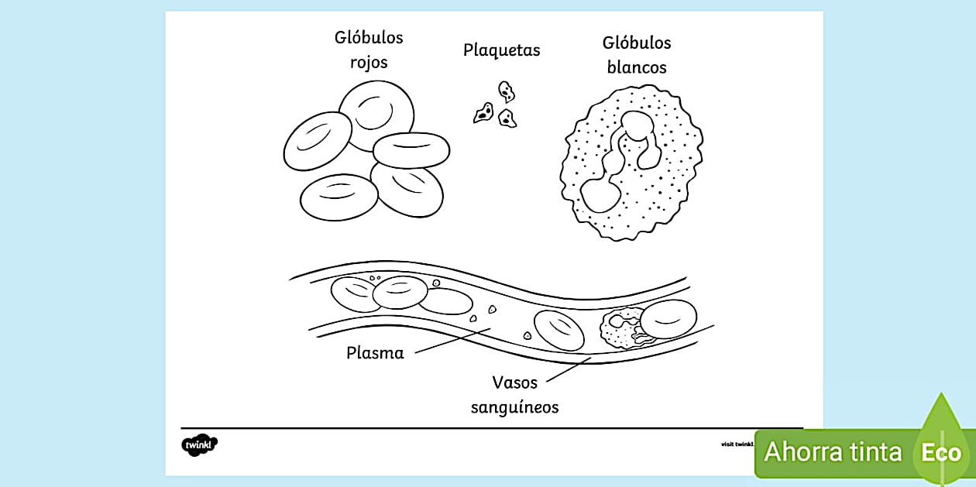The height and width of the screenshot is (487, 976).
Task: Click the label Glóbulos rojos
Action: point(369,50)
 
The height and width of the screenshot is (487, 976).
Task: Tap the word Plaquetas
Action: point(501,50)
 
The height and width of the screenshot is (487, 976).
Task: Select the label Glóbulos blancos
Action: point(637,55)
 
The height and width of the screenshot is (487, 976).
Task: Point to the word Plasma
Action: point(375,353)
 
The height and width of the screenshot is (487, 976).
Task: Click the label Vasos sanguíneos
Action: point(514,394)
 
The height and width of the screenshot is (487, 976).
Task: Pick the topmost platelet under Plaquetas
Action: point(507,92)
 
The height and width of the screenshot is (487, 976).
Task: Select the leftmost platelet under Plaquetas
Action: point(483,113)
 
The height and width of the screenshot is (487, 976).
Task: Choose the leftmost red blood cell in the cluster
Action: point(318,141)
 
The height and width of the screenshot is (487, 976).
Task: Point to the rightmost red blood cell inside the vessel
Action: point(668,319)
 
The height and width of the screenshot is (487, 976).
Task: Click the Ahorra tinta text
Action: point(833,451)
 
